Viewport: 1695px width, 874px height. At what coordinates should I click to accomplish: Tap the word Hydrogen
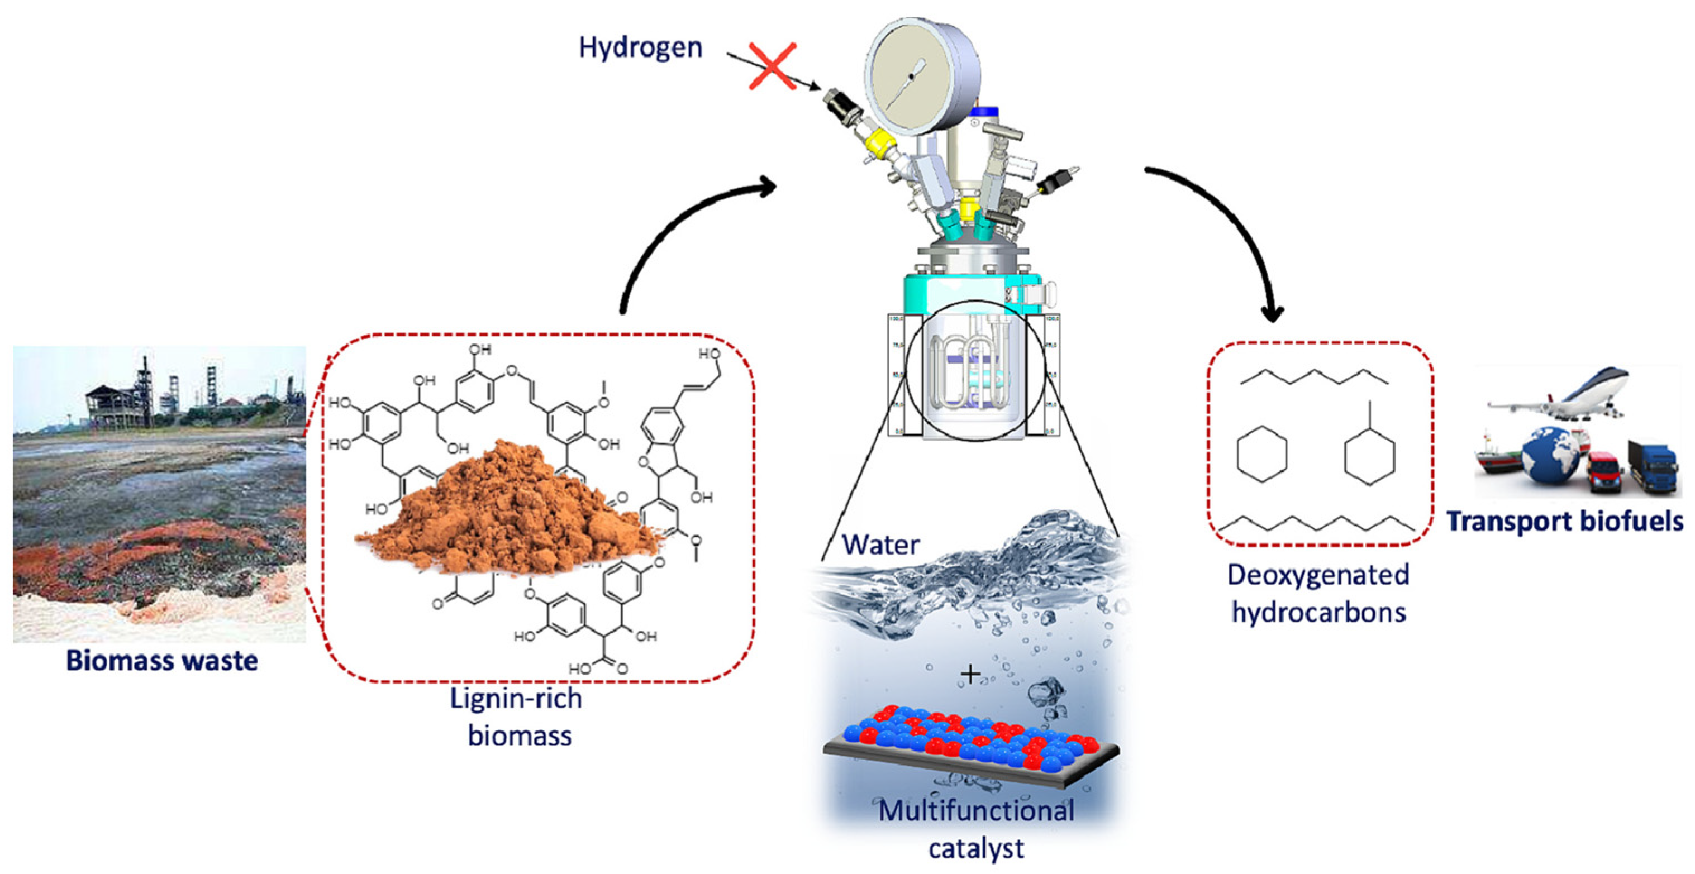click(x=640, y=48)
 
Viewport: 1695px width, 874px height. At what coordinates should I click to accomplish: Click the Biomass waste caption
click(x=162, y=661)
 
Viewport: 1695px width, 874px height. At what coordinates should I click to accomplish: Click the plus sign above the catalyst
click(x=970, y=674)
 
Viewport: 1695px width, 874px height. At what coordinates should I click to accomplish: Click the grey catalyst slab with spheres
click(x=970, y=749)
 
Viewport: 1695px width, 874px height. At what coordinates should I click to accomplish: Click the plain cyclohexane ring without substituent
click(x=1261, y=454)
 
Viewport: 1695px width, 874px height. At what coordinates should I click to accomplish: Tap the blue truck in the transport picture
click(x=1651, y=467)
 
